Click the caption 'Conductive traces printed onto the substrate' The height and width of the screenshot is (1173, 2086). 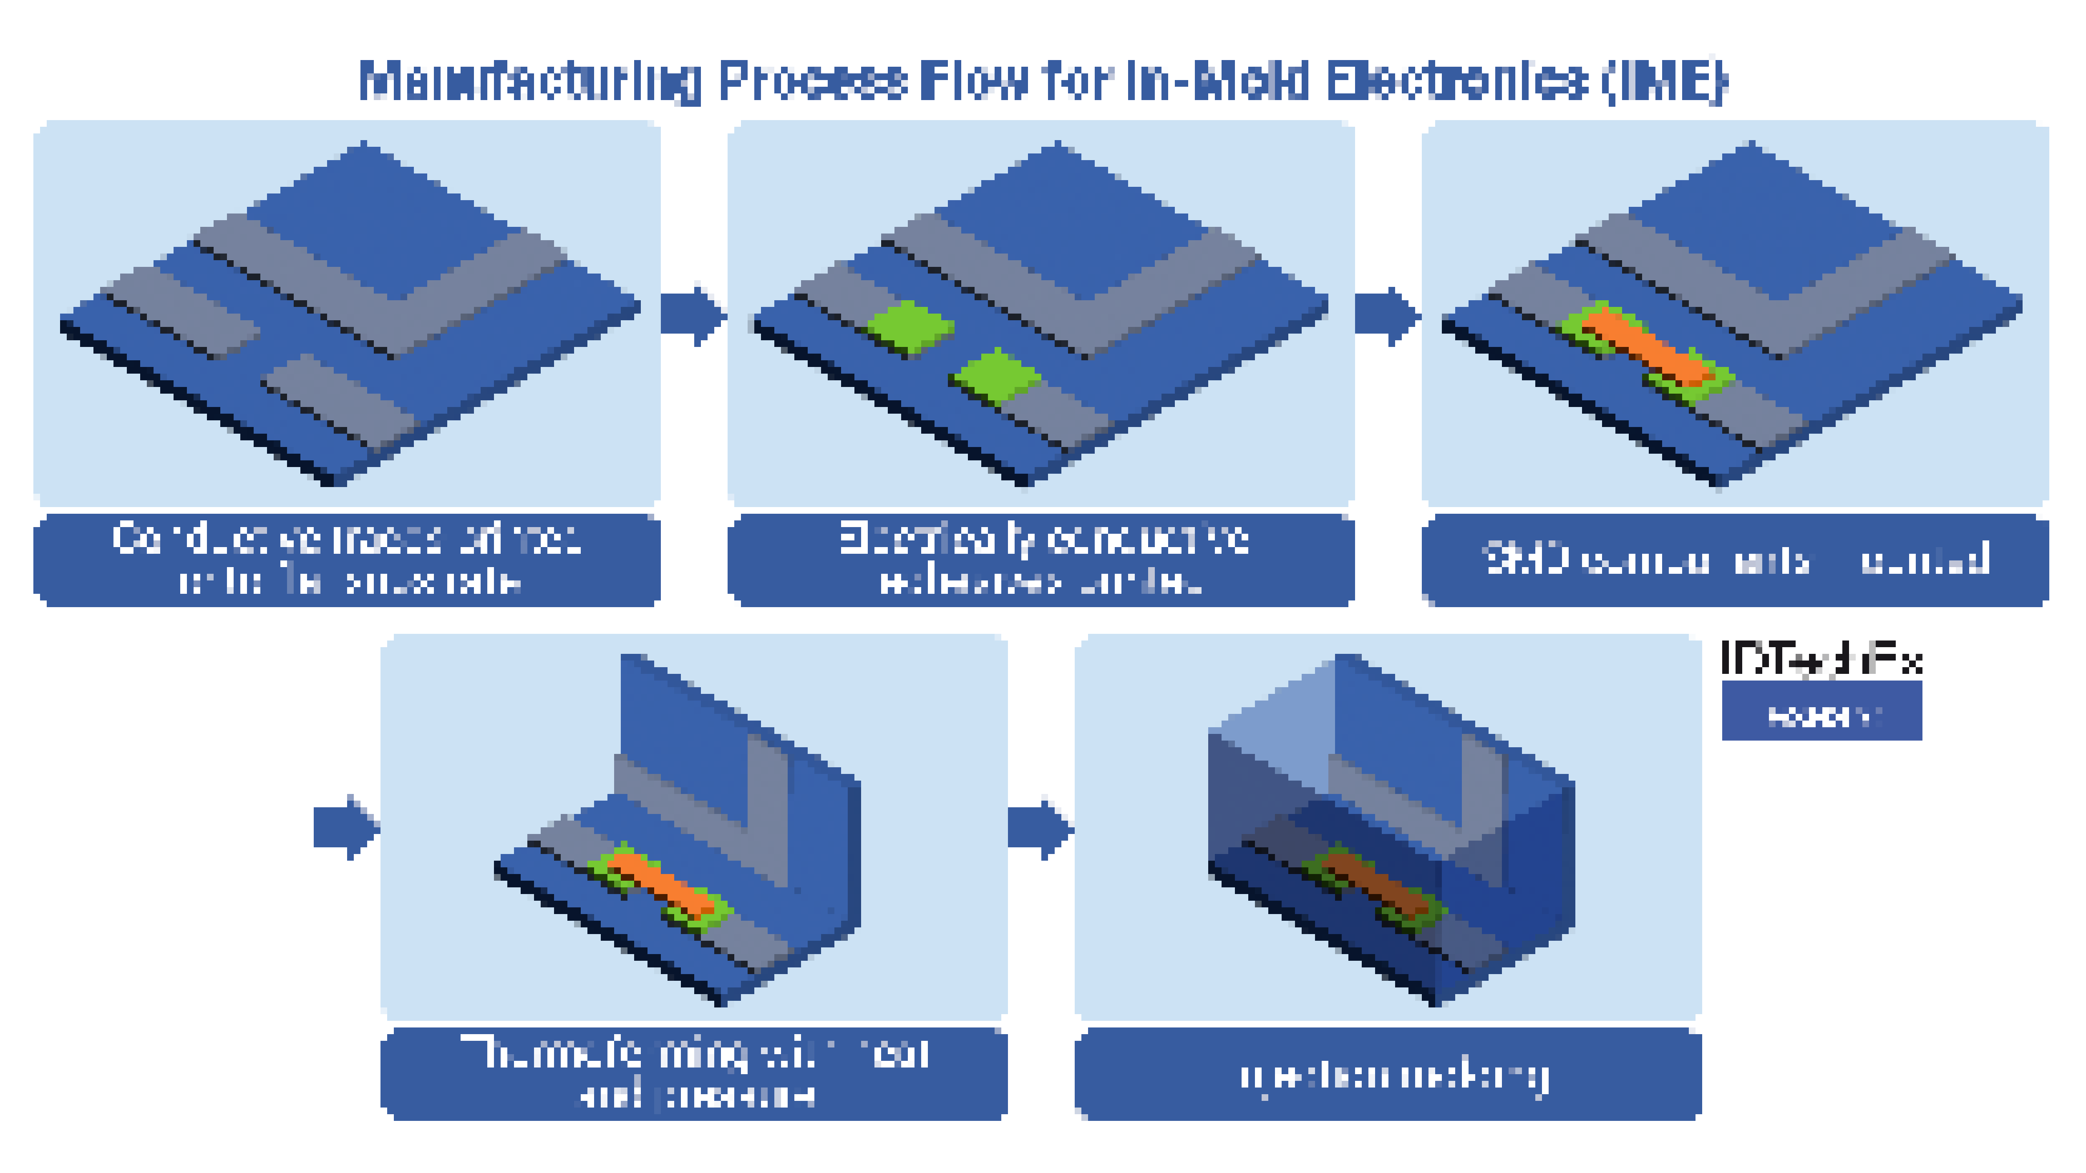[x=347, y=559]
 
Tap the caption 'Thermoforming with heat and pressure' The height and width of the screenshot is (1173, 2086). [x=694, y=1073]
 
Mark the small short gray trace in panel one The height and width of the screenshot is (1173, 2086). [x=182, y=311]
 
